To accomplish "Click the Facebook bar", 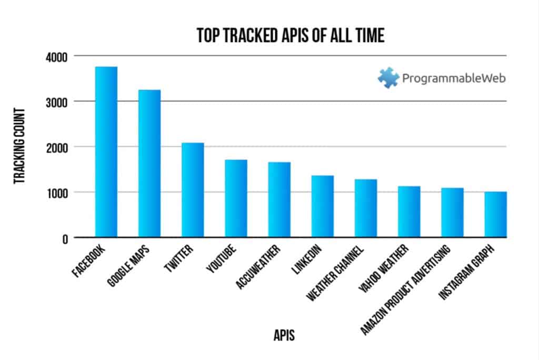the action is coord(106,152).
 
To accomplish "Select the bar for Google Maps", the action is coord(149,163).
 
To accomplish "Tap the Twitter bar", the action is coord(193,190).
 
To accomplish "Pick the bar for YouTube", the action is coord(236,198).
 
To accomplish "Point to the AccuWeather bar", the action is coord(280,199).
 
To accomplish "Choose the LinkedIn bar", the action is coord(323,206).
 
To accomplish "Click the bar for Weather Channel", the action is coord(366,208).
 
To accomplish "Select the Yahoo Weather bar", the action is coord(409,212).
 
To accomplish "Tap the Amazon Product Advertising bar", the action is coord(452,213).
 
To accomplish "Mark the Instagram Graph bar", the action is coord(496,214).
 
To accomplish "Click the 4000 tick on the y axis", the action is coord(57,57).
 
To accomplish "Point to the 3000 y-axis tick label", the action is coord(57,103).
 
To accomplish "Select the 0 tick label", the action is coord(65,239).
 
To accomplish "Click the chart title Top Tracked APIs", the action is coord(291,35).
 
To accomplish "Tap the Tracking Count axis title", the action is coord(19,146).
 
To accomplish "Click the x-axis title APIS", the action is coord(284,335).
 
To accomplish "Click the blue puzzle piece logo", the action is coord(388,78).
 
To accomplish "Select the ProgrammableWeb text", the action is coord(454,78).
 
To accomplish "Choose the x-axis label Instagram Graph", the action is coord(467,272).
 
